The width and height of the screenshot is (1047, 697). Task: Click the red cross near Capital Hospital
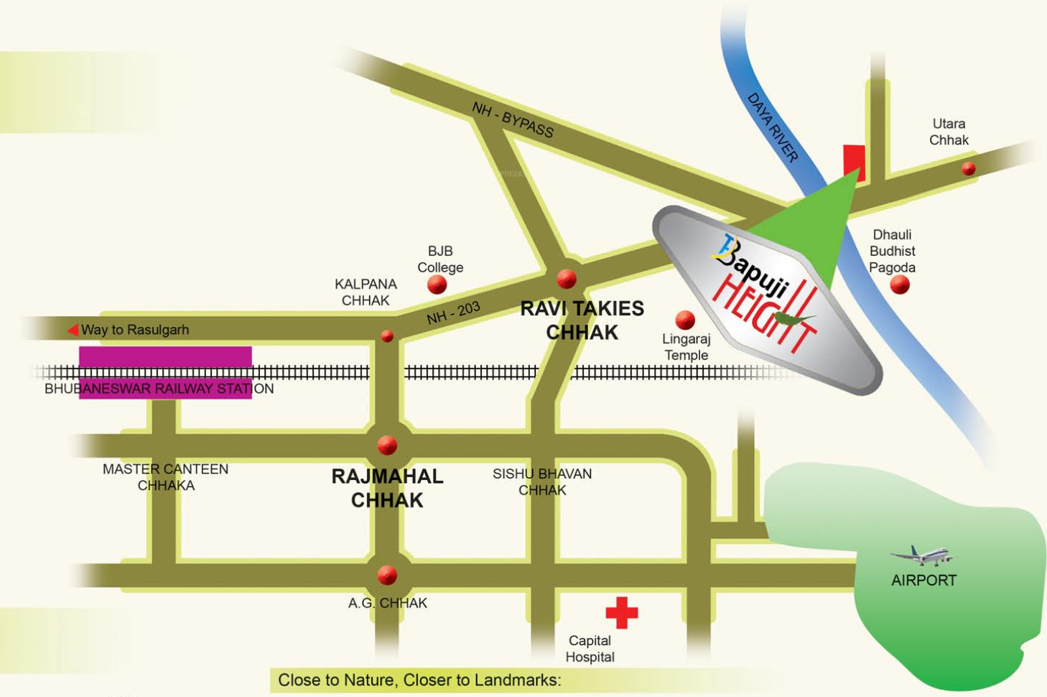(621, 612)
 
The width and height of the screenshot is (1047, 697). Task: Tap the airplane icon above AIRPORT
(923, 555)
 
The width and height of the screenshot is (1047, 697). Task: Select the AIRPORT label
(923, 581)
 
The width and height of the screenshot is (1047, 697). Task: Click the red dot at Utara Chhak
(969, 169)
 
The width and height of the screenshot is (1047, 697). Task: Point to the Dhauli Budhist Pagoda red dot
(900, 285)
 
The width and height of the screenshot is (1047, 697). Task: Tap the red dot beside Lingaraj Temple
(685, 319)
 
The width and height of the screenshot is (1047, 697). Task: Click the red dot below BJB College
(437, 285)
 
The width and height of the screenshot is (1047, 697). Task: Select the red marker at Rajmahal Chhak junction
(387, 446)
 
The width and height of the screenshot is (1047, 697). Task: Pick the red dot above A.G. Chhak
(387, 576)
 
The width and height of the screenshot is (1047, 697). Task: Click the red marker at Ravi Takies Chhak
(567, 278)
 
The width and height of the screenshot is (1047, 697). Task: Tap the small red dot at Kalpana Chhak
(387, 336)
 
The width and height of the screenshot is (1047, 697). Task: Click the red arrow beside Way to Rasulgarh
(73, 330)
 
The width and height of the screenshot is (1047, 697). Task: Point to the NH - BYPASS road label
(513, 119)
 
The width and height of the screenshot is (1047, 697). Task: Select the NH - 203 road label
(453, 313)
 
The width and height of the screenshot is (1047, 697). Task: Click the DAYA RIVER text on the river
(773, 127)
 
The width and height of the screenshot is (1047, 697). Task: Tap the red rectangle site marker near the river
(854, 161)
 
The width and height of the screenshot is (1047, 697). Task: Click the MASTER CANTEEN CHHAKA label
(166, 477)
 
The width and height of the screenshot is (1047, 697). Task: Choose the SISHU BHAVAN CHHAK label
(542, 481)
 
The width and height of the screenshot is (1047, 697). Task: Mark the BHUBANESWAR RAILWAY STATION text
(159, 389)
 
